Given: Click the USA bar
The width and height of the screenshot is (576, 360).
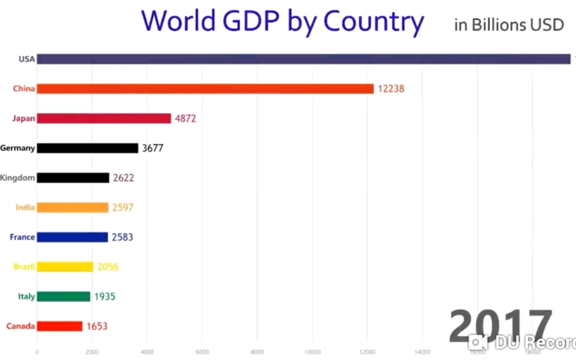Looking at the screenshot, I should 303,59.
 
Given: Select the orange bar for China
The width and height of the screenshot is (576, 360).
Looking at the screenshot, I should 205,89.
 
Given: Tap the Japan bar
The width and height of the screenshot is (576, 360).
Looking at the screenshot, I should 104,118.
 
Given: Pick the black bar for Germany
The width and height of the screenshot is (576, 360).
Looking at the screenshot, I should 87,148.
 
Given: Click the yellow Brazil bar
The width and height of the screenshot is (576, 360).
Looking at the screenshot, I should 65,267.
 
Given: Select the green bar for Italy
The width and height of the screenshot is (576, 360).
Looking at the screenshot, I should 63,296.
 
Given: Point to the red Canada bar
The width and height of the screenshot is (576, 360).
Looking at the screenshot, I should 59,326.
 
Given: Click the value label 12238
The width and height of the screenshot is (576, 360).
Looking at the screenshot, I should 391,89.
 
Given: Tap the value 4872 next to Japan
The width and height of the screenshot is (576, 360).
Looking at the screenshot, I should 185,119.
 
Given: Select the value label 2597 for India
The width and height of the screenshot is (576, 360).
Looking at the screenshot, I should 123,207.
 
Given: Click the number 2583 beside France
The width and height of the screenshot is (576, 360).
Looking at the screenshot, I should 122,237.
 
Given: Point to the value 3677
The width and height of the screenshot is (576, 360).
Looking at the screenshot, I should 152,148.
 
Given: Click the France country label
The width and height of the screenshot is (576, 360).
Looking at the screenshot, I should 22,237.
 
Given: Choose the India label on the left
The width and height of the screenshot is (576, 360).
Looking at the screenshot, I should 25,207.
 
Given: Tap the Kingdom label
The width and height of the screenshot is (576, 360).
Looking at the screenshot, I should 17,178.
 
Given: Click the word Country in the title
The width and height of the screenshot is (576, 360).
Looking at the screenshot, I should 373,21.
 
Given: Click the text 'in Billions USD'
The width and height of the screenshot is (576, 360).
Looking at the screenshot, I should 509,24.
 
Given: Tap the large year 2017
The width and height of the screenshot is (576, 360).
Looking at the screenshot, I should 500,326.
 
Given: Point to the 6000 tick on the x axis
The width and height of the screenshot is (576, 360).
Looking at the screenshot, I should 202,352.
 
